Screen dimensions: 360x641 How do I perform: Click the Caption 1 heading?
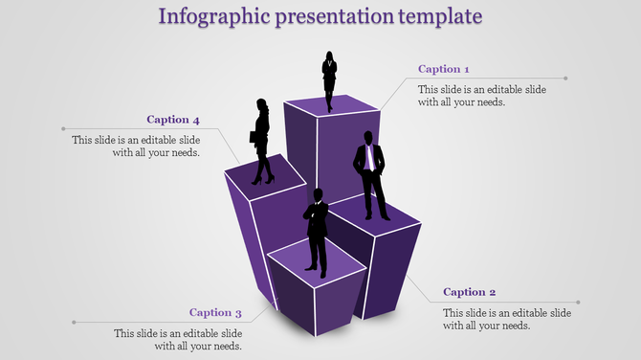(444, 69)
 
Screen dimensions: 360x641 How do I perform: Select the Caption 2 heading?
(470, 292)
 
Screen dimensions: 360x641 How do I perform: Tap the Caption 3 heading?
(215, 312)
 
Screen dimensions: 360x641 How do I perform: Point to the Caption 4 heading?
(173, 120)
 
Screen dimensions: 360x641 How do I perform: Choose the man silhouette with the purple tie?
(370, 179)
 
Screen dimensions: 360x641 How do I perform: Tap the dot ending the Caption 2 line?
(579, 303)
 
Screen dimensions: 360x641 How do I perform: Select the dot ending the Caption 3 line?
(74, 323)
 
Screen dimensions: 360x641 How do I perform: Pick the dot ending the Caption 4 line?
(63, 128)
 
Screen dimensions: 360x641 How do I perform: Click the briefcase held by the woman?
(254, 137)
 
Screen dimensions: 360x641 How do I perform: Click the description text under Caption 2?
(507, 319)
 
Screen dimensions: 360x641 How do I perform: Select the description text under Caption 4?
(136, 146)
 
